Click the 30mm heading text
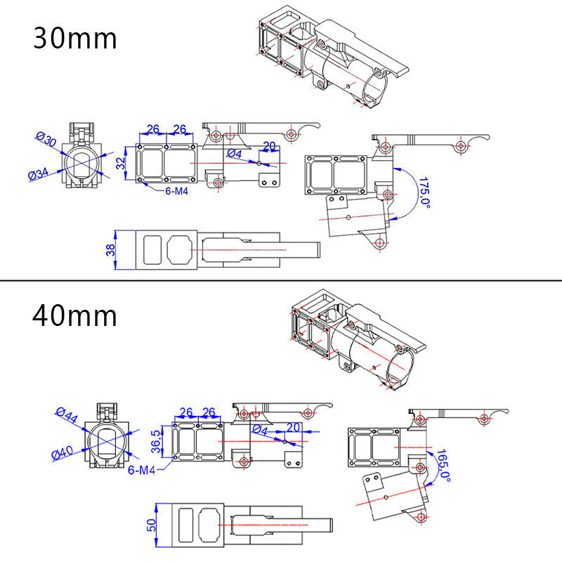point(75,38)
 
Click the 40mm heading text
point(75,315)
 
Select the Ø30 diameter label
point(46,138)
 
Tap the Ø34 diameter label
point(39,172)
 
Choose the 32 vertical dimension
point(121,163)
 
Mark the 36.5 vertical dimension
point(157,443)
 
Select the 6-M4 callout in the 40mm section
point(142,470)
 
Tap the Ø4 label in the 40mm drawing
point(260,429)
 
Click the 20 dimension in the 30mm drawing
point(268,146)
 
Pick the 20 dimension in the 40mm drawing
point(293,427)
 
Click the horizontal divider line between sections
point(281,281)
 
